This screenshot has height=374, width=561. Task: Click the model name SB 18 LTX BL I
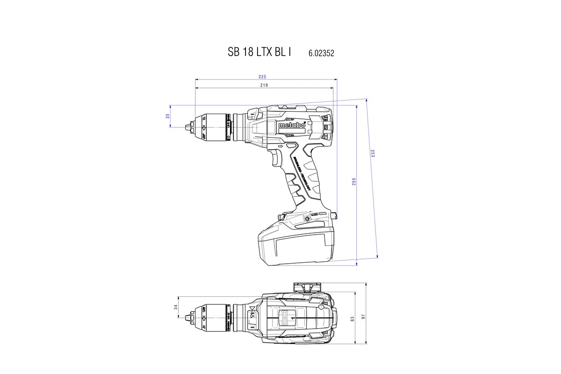259,52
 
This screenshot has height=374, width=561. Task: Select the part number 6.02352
321,53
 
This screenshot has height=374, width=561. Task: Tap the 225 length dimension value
262,76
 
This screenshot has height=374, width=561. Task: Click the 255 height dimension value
354,181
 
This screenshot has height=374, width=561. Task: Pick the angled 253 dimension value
373,153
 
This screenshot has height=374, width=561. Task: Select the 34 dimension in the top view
176,307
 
